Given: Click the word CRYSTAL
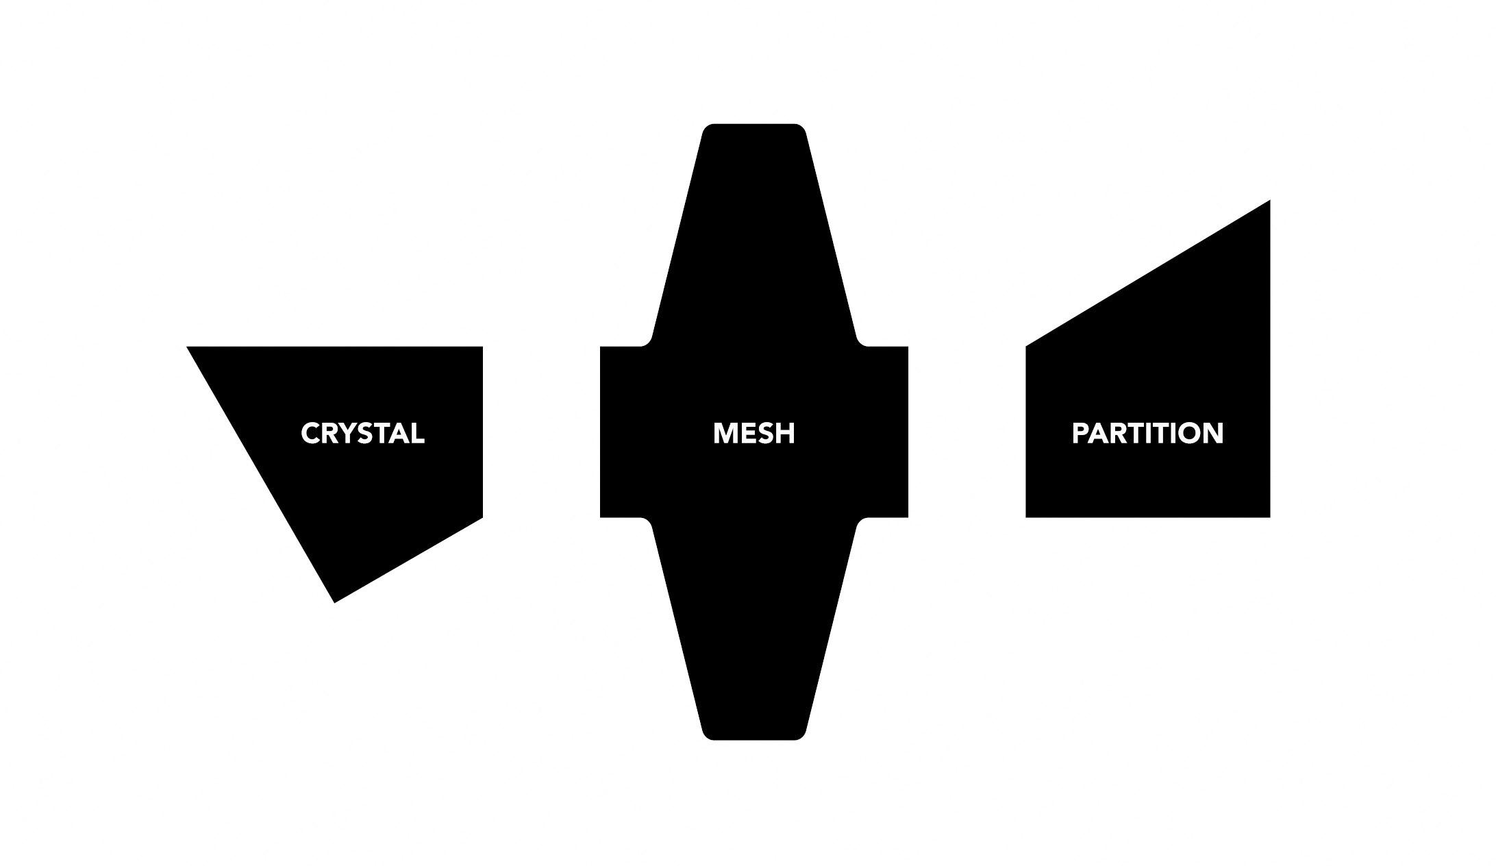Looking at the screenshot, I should click(362, 433).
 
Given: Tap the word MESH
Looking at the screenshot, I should click(753, 433).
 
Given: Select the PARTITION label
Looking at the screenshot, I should click(1147, 433).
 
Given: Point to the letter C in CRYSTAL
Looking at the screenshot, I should click(311, 433).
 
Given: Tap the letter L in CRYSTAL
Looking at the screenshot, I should click(417, 433).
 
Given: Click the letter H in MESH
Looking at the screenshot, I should click(786, 433).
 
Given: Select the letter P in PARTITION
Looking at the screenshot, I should click(1080, 433).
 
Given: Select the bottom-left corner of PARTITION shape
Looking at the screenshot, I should click(1027, 515).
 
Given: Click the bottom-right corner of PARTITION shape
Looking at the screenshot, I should click(1268, 515).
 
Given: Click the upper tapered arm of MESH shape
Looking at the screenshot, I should click(753, 226).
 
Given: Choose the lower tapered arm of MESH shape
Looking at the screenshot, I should click(753, 637).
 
